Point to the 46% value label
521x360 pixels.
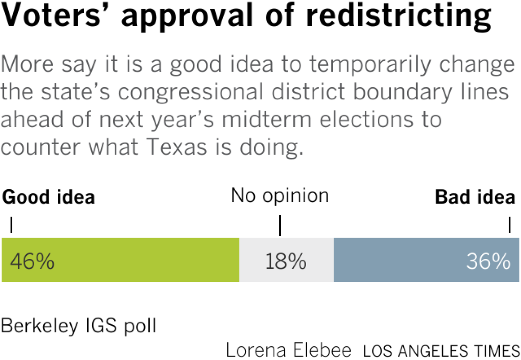[x=32, y=261]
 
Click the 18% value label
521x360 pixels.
[x=286, y=261]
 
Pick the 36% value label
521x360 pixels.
[x=488, y=261]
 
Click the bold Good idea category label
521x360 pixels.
[x=49, y=197]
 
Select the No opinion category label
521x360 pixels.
[x=280, y=196]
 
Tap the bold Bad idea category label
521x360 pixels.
[x=475, y=197]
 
